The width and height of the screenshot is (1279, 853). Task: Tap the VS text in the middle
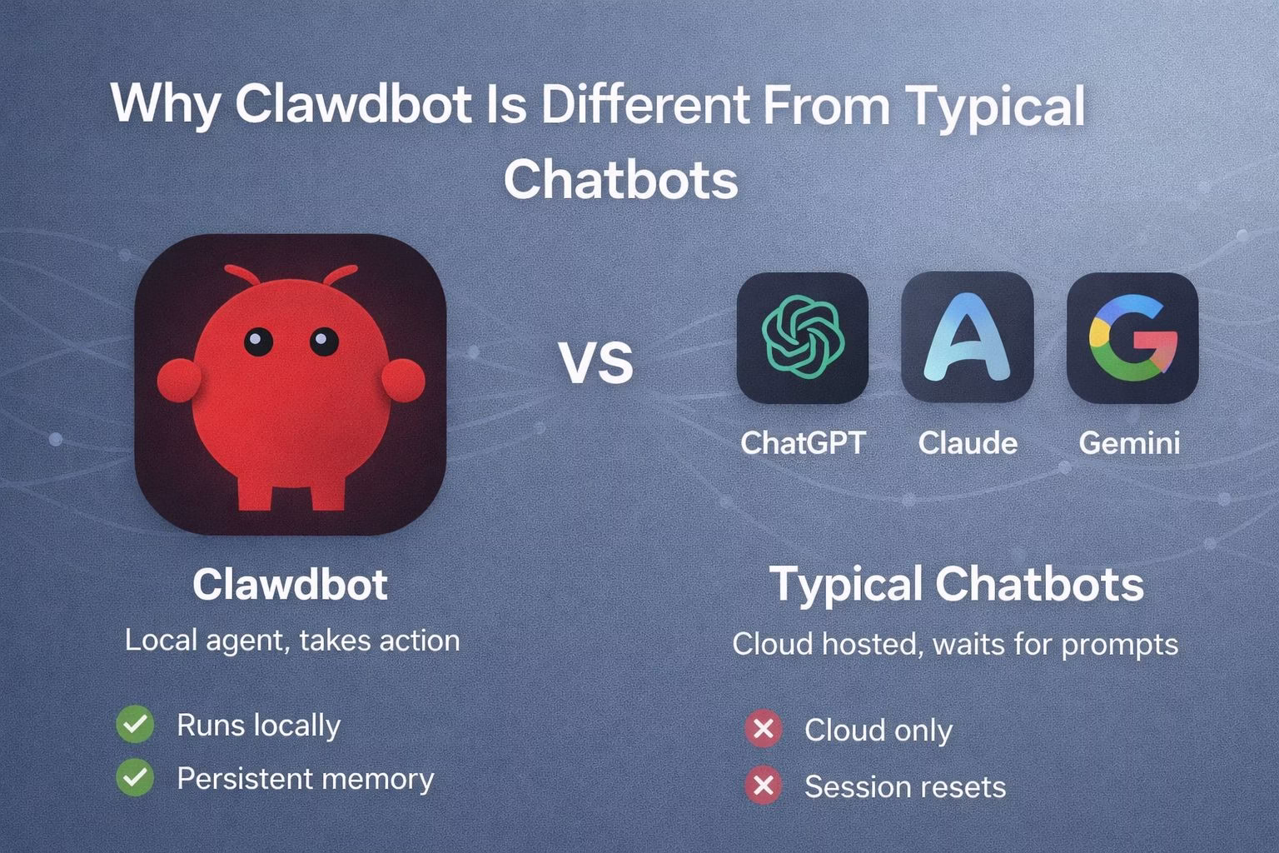595,362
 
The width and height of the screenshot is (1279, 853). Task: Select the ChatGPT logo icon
803,337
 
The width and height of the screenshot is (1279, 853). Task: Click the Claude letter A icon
967,337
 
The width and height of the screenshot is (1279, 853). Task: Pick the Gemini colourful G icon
1132,337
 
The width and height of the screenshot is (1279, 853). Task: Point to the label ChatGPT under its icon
803,442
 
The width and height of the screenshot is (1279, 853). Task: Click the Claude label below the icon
968,442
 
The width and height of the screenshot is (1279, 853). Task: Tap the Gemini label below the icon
1129,442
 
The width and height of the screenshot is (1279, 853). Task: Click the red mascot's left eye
258,340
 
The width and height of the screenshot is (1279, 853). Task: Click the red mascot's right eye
324,341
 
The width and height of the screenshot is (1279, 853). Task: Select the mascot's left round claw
179,380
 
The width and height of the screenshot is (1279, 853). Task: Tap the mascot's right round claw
404,380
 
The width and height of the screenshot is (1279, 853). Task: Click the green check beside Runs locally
135,724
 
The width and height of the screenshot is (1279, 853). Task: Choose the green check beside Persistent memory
135,778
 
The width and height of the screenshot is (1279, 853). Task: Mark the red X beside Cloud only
763,730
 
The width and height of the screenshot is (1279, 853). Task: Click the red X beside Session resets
763,786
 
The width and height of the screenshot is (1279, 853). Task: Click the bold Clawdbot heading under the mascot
290,584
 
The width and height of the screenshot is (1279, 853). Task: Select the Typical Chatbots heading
956,584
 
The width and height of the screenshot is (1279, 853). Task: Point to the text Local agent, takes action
292,640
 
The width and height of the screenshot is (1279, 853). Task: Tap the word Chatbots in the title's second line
620,178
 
